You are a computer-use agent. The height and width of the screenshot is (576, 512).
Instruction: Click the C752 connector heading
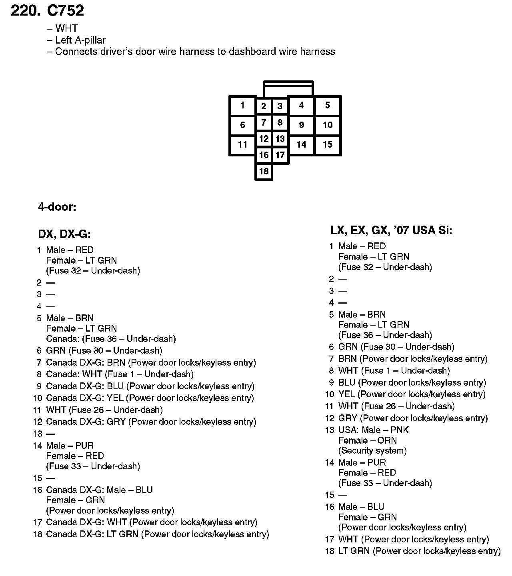pyautogui.click(x=66, y=11)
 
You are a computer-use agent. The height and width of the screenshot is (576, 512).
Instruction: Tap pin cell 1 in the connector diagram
pyautogui.click(x=242, y=106)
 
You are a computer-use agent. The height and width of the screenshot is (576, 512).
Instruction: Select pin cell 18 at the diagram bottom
pyautogui.click(x=264, y=172)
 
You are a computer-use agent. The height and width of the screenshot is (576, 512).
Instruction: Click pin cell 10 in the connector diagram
pyautogui.click(x=328, y=125)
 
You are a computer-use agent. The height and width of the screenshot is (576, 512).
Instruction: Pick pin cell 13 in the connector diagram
pyautogui.click(x=280, y=139)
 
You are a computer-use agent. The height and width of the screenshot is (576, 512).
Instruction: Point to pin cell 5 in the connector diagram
pyautogui.click(x=328, y=105)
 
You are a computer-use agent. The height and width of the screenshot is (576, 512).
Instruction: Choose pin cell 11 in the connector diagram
pyautogui.click(x=242, y=144)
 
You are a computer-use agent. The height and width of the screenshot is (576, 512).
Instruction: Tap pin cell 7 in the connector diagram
pyautogui.click(x=264, y=122)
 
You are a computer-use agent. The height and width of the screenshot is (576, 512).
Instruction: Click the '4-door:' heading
pyautogui.click(x=57, y=207)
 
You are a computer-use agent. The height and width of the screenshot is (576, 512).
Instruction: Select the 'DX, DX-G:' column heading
pyautogui.click(x=64, y=234)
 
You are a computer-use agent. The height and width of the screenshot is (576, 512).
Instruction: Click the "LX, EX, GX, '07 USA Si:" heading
pyautogui.click(x=391, y=230)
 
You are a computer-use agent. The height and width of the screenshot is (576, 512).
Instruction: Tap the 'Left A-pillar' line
pyautogui.click(x=80, y=40)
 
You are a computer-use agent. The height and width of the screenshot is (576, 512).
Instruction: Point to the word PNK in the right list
pyautogui.click(x=400, y=430)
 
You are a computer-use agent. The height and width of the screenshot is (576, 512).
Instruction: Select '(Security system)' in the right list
pyautogui.click(x=372, y=451)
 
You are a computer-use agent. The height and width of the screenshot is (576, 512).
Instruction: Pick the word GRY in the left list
pyautogui.click(x=116, y=422)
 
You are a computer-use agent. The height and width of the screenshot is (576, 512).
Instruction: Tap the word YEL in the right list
pyautogui.click(x=347, y=394)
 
